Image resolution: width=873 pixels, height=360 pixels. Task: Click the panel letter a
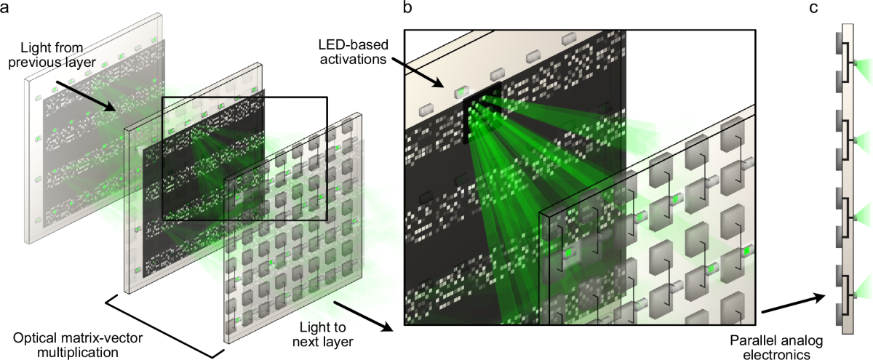[7, 9]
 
